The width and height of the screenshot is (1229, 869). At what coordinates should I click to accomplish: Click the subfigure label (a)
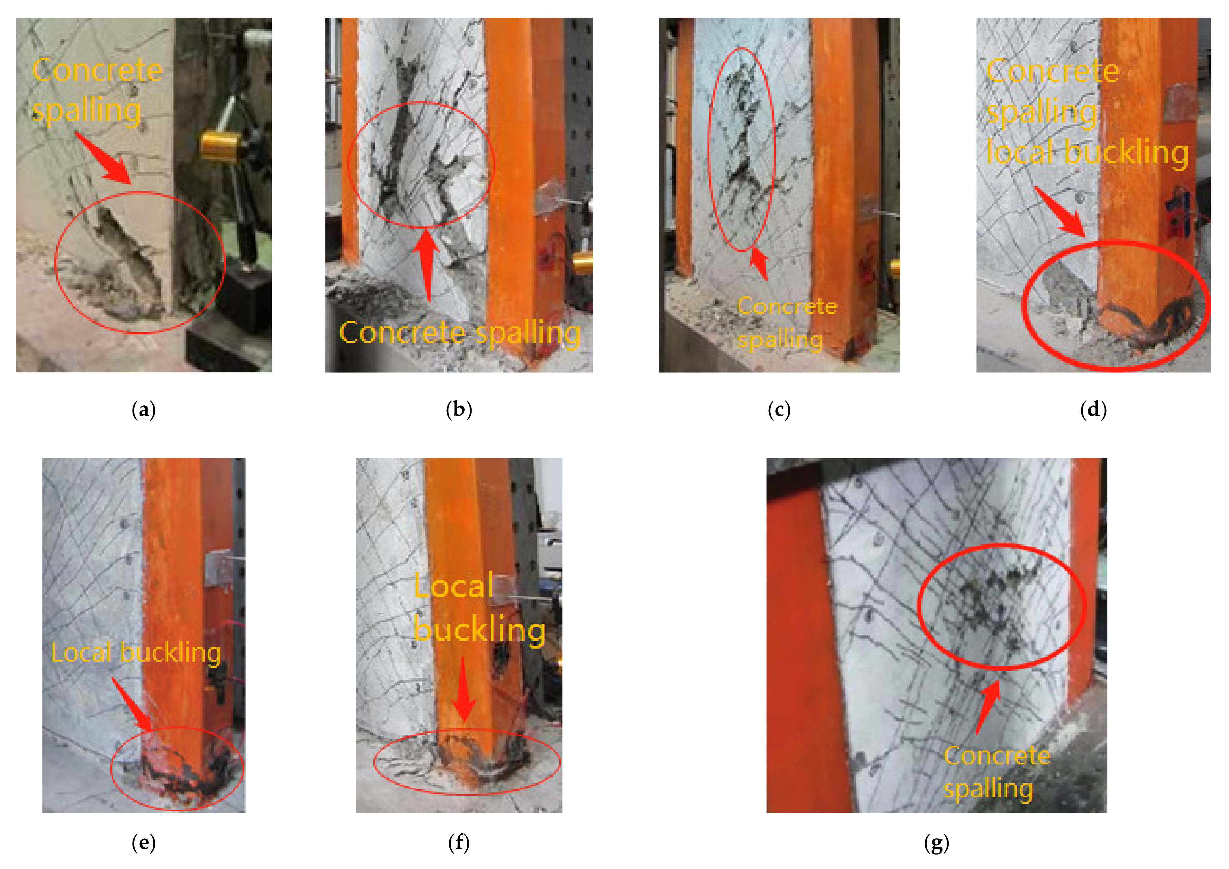pyautogui.click(x=144, y=410)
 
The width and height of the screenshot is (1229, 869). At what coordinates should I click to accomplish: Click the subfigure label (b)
pyautogui.click(x=459, y=410)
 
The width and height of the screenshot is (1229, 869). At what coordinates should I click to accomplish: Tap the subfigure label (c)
pyautogui.click(x=779, y=410)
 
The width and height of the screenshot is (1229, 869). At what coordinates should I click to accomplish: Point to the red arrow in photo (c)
pyautogui.click(x=760, y=263)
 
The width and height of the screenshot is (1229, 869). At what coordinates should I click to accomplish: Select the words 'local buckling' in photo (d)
pyautogui.click(x=1087, y=153)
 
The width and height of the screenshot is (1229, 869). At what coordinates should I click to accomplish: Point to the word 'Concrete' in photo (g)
pyautogui.click(x=997, y=755)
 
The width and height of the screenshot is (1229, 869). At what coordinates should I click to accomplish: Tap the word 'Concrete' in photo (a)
pyautogui.click(x=97, y=70)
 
